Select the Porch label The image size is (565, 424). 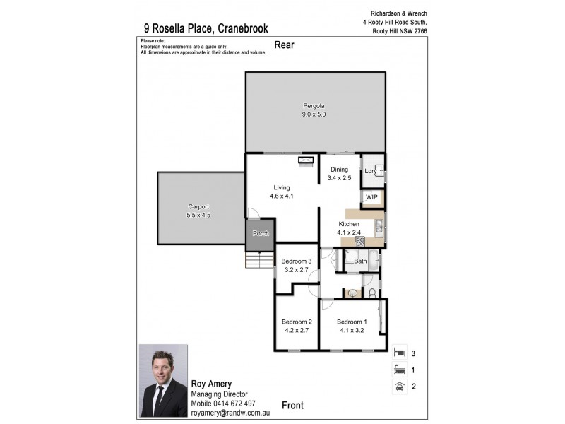pyautogui.click(x=260, y=234)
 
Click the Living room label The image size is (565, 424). pyautogui.click(x=282, y=187)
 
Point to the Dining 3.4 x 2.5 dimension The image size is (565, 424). pyautogui.click(x=338, y=177)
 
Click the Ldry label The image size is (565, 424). pyautogui.click(x=369, y=172)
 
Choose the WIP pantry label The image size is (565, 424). pyautogui.click(x=371, y=198)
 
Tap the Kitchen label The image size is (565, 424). pyautogui.click(x=349, y=223)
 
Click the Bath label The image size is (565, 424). pyautogui.click(x=360, y=261)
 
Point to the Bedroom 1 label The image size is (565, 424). pyautogui.click(x=351, y=322)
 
